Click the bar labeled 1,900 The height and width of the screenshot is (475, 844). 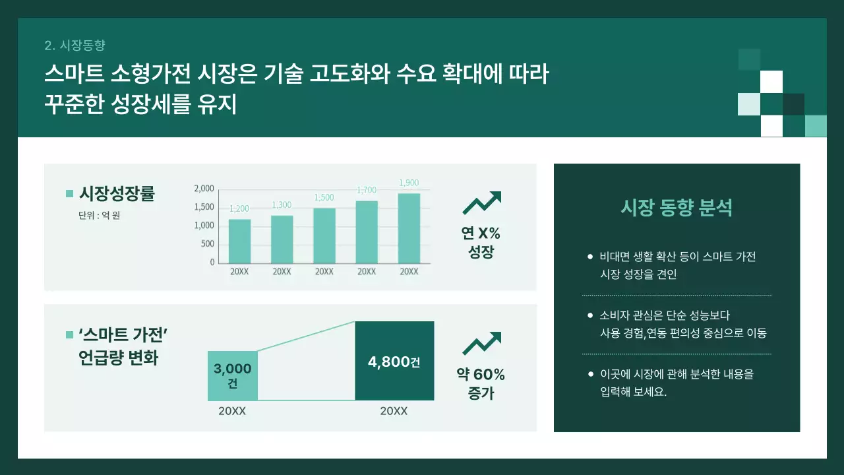(x=409, y=228)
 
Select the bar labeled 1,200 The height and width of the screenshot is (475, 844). (x=239, y=241)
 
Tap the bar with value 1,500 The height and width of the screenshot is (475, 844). (x=324, y=236)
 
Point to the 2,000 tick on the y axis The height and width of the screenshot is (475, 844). (x=204, y=189)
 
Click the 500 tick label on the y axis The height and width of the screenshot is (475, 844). (x=208, y=243)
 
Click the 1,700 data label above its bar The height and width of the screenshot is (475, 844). (x=367, y=191)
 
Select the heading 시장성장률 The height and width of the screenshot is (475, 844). (x=117, y=194)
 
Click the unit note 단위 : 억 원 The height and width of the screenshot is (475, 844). (x=99, y=215)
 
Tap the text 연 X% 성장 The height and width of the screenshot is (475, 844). (x=481, y=242)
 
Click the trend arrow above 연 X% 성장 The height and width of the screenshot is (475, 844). (x=482, y=203)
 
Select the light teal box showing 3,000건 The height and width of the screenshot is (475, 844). (x=232, y=375)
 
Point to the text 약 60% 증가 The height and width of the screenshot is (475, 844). (x=481, y=384)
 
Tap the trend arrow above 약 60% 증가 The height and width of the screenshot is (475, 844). (x=482, y=344)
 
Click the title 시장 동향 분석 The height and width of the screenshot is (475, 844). (x=677, y=208)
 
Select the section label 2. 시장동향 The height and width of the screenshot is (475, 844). (x=75, y=46)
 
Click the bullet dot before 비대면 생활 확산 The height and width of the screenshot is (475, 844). (x=590, y=257)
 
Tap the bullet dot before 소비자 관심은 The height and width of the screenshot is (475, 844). (x=590, y=316)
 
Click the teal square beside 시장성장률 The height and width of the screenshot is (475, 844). (x=69, y=194)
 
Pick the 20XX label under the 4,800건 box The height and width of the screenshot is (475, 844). (x=394, y=411)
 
